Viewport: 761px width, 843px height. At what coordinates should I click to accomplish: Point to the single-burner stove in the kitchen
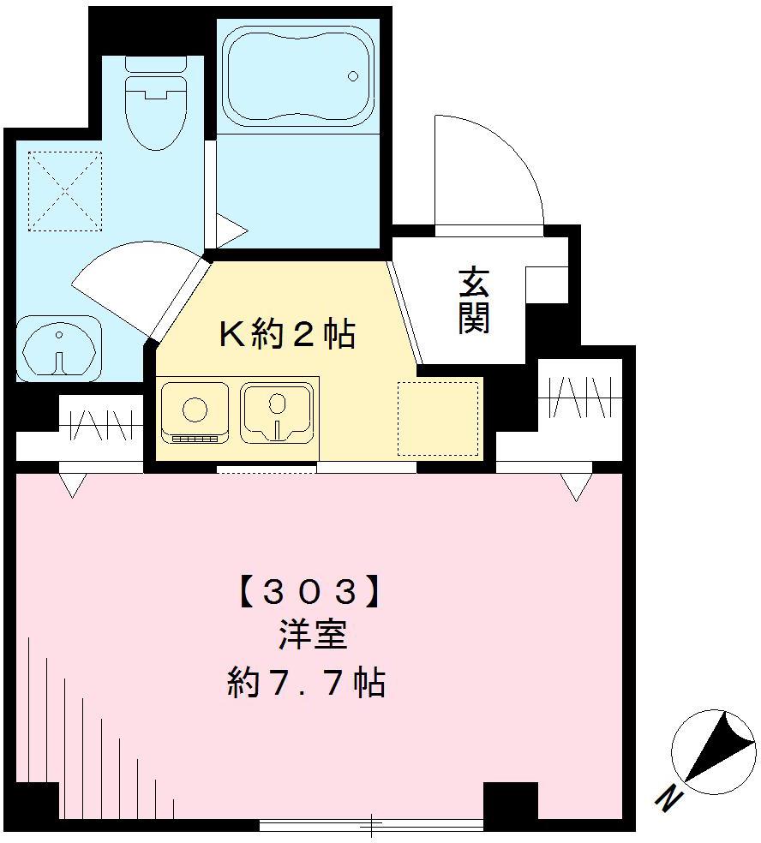195,411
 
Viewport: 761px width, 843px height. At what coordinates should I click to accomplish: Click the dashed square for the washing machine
64,191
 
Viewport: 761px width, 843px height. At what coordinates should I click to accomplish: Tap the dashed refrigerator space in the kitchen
438,418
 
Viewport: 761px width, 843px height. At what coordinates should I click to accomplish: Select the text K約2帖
287,334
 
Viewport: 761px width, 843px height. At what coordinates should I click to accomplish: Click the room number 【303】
306,591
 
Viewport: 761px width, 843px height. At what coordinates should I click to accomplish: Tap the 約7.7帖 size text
306,683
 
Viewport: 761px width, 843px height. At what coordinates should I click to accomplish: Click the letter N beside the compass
668,798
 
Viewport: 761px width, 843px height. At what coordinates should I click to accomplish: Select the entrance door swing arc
489,171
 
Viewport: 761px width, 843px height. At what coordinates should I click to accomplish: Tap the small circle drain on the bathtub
352,76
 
